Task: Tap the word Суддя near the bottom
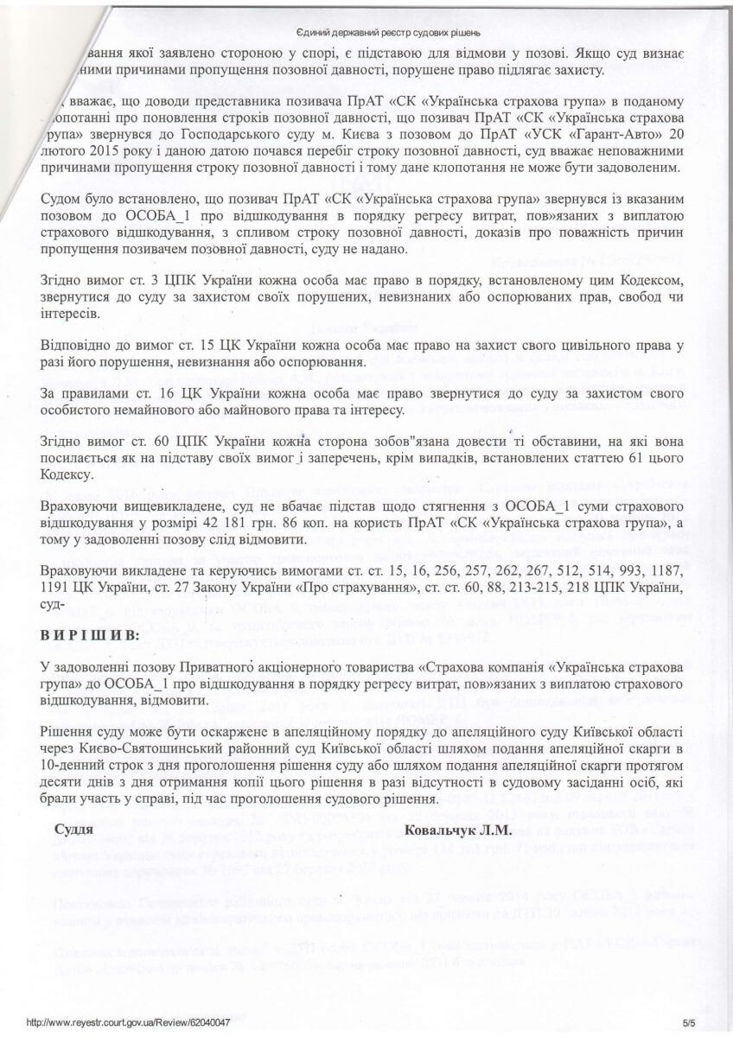73,830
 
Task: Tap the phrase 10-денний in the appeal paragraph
71,752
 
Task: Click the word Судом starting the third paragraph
61,200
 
